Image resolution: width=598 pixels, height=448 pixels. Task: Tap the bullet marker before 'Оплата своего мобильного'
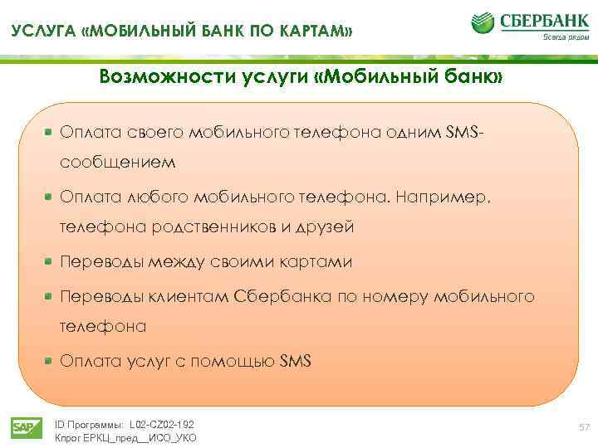pos(50,132)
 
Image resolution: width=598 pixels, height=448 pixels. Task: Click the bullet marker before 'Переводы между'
pos(50,261)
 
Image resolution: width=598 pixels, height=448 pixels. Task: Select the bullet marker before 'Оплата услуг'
pos(50,361)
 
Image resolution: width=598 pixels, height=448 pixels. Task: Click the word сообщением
pos(117,163)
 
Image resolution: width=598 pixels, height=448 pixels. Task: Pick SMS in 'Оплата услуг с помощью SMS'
pos(295,361)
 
